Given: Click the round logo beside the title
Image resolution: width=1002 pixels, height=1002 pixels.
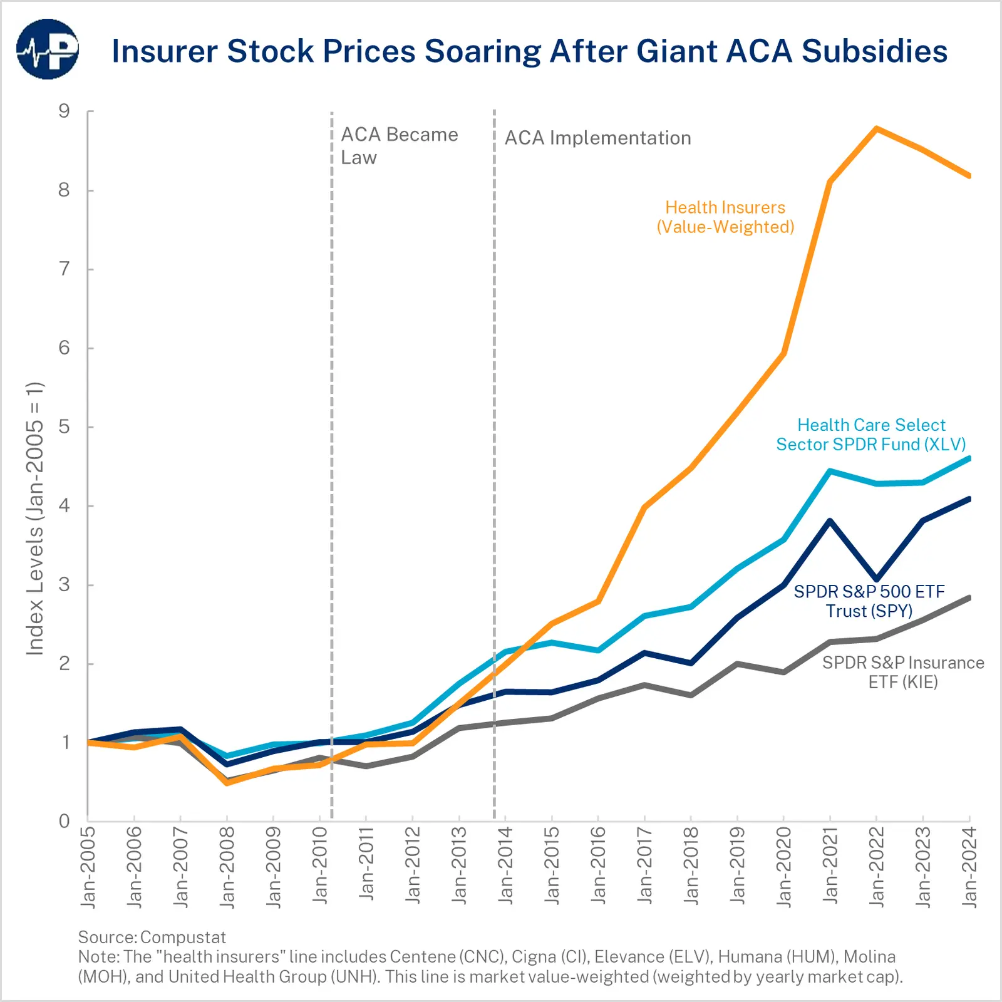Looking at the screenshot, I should pyautogui.click(x=48, y=49).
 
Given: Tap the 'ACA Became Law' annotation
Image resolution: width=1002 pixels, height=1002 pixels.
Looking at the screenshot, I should pyautogui.click(x=399, y=145).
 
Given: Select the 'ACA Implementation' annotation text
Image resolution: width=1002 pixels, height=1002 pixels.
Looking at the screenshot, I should pyautogui.click(x=597, y=138).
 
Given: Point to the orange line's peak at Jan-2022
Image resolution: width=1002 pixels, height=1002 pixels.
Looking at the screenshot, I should pyautogui.click(x=876, y=129).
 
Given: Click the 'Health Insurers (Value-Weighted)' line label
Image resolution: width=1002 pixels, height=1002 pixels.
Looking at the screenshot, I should pyautogui.click(x=725, y=217).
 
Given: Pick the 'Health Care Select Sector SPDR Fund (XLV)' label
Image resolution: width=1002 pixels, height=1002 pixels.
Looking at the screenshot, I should pyautogui.click(x=870, y=435).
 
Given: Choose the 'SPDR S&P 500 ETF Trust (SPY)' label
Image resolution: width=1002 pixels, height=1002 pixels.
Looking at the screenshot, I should pyautogui.click(x=869, y=601).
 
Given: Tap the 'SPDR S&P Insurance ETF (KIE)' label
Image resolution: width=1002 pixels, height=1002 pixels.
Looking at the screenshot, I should pyautogui.click(x=902, y=672).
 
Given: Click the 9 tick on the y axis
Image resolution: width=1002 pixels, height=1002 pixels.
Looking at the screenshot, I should pyautogui.click(x=64, y=111).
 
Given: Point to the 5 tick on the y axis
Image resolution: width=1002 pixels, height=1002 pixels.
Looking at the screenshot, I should pyautogui.click(x=64, y=427).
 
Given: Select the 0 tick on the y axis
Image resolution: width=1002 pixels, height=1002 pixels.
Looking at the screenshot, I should pyautogui.click(x=64, y=821).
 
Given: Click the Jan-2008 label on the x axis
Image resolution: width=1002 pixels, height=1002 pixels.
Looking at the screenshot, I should pyautogui.click(x=227, y=867).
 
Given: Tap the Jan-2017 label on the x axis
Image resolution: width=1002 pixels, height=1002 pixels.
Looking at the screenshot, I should pyautogui.click(x=644, y=867).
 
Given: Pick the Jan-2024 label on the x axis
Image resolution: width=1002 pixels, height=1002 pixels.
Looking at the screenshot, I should pyautogui.click(x=969, y=867).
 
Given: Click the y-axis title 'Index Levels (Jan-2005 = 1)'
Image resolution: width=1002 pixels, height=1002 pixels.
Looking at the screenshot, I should pyautogui.click(x=35, y=519).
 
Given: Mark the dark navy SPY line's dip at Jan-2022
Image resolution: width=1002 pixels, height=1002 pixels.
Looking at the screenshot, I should pyautogui.click(x=876, y=579).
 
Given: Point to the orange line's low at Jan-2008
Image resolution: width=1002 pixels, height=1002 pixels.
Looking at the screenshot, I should pyautogui.click(x=227, y=783).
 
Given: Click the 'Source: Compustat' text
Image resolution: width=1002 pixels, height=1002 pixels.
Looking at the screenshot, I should pyautogui.click(x=152, y=937).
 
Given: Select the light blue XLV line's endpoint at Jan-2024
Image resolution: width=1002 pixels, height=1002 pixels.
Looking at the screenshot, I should pyautogui.click(x=969, y=459).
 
